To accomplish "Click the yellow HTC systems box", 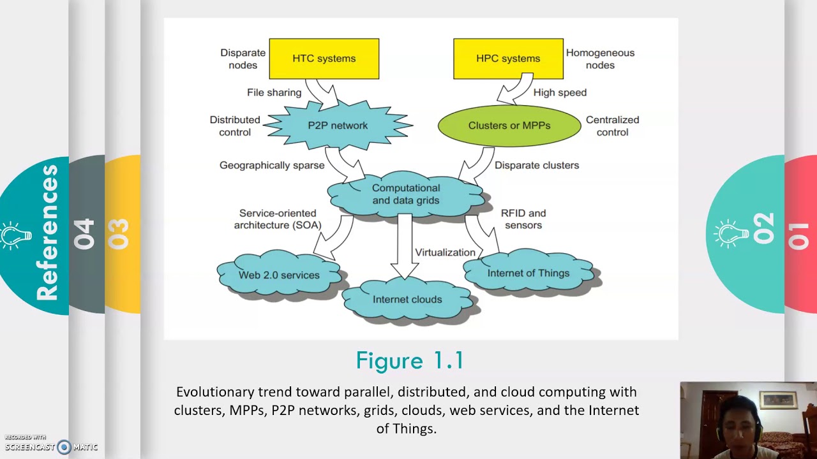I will pos(324,59).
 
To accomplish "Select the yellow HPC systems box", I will pos(508,59).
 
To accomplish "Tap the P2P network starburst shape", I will pos(338,126).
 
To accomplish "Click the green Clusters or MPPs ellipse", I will pos(509,126).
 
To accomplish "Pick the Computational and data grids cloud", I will pos(406,194).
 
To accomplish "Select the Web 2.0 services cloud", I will pos(279,275).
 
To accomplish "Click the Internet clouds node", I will pos(407,300).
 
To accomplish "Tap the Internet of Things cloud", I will pos(528,273).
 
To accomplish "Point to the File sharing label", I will pos(274,92).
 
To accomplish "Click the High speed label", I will pos(560,92).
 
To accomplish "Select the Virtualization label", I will pos(445,252).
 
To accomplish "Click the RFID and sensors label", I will pos(523,219).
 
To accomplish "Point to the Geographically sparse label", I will pos(272,165).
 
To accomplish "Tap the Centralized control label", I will pos(612,126).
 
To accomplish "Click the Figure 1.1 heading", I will pos(409,361).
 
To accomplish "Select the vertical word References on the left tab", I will pos(47,233).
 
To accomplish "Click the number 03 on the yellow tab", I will pos(119,234).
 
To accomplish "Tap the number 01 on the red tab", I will pos(799,235).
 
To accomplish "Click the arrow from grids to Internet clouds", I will pos(403,245).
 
